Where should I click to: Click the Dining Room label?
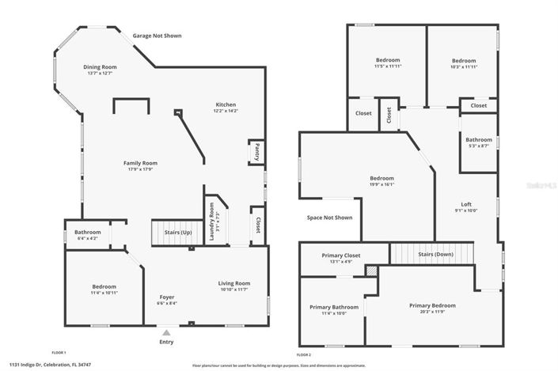click(x=100, y=67)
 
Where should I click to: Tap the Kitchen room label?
click(x=226, y=105)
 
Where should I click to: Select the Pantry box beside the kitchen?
click(x=257, y=151)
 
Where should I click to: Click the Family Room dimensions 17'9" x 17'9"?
click(x=139, y=169)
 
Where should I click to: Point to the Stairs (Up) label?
click(x=177, y=233)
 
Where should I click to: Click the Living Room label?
click(x=234, y=283)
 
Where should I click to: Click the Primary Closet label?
click(x=341, y=256)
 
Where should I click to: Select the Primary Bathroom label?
click(x=334, y=307)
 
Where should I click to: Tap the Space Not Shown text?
click(x=329, y=218)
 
